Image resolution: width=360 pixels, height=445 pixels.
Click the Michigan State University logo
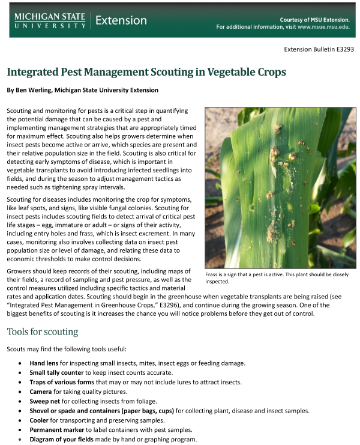click(x=50, y=20)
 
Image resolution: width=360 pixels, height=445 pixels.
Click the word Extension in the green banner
click(x=121, y=20)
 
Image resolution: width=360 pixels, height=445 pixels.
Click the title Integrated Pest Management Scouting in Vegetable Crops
click(x=146, y=72)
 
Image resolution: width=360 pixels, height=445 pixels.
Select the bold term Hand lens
click(x=45, y=363)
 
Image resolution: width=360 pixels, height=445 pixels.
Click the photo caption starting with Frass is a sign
click(x=276, y=277)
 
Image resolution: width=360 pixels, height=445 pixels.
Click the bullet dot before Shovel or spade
click(x=22, y=411)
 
